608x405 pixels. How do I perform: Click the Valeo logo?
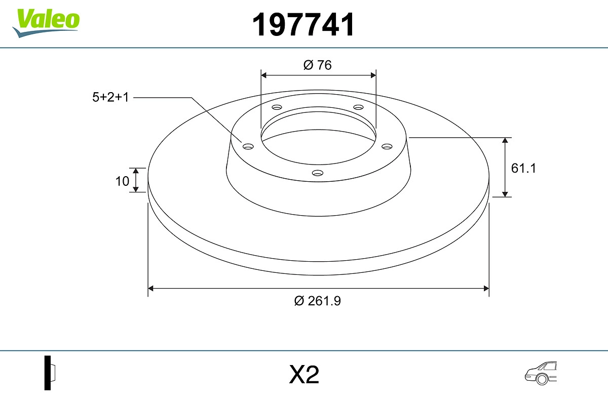pos(46,23)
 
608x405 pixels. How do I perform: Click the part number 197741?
pos(303,25)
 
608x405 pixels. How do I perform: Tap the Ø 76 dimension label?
pos(317,65)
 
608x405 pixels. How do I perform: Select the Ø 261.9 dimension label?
pos(317,301)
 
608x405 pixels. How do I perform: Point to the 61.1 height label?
pos(523,168)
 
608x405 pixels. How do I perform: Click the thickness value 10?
pos(122,181)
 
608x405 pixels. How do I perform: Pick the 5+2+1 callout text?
pos(110,97)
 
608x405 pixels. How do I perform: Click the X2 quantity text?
pos(304,375)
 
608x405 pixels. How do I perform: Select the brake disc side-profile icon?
pos(50,373)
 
